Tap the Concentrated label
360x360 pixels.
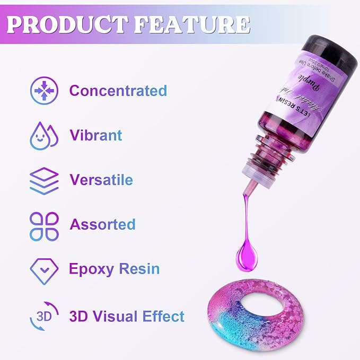click(x=118, y=91)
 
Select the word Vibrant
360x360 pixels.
click(x=96, y=135)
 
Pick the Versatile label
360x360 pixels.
click(x=101, y=179)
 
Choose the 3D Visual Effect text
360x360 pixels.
click(x=127, y=317)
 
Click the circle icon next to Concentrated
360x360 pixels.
click(x=44, y=91)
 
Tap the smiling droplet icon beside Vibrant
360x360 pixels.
click(x=43, y=135)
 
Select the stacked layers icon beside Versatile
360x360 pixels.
click(x=43, y=180)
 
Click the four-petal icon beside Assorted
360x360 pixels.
click(x=43, y=225)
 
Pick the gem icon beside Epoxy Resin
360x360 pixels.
click(x=43, y=270)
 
